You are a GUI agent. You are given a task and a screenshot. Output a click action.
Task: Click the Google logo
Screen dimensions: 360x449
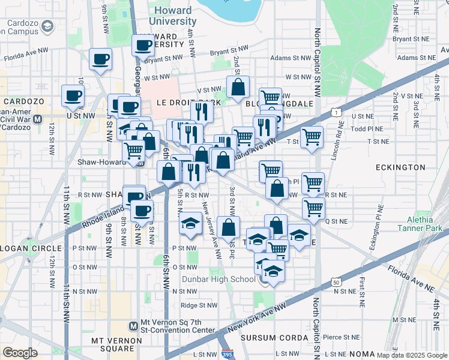click(x=20, y=353)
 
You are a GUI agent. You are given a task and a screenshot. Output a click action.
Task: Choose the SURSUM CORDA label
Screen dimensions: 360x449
click(x=270, y=338)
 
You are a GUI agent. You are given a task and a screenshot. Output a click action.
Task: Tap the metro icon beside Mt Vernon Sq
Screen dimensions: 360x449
click(x=133, y=326)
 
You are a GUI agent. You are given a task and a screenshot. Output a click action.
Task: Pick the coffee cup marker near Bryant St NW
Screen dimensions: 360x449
click(x=143, y=45)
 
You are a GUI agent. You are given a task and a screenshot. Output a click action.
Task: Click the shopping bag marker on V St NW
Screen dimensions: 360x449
click(x=238, y=86)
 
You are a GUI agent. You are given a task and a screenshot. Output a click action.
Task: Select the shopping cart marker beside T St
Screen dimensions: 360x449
click(x=312, y=137)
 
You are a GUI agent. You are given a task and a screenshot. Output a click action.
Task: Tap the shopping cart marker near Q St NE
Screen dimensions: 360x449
click(x=313, y=208)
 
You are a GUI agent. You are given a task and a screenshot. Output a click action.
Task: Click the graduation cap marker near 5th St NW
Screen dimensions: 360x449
click(x=190, y=224)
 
